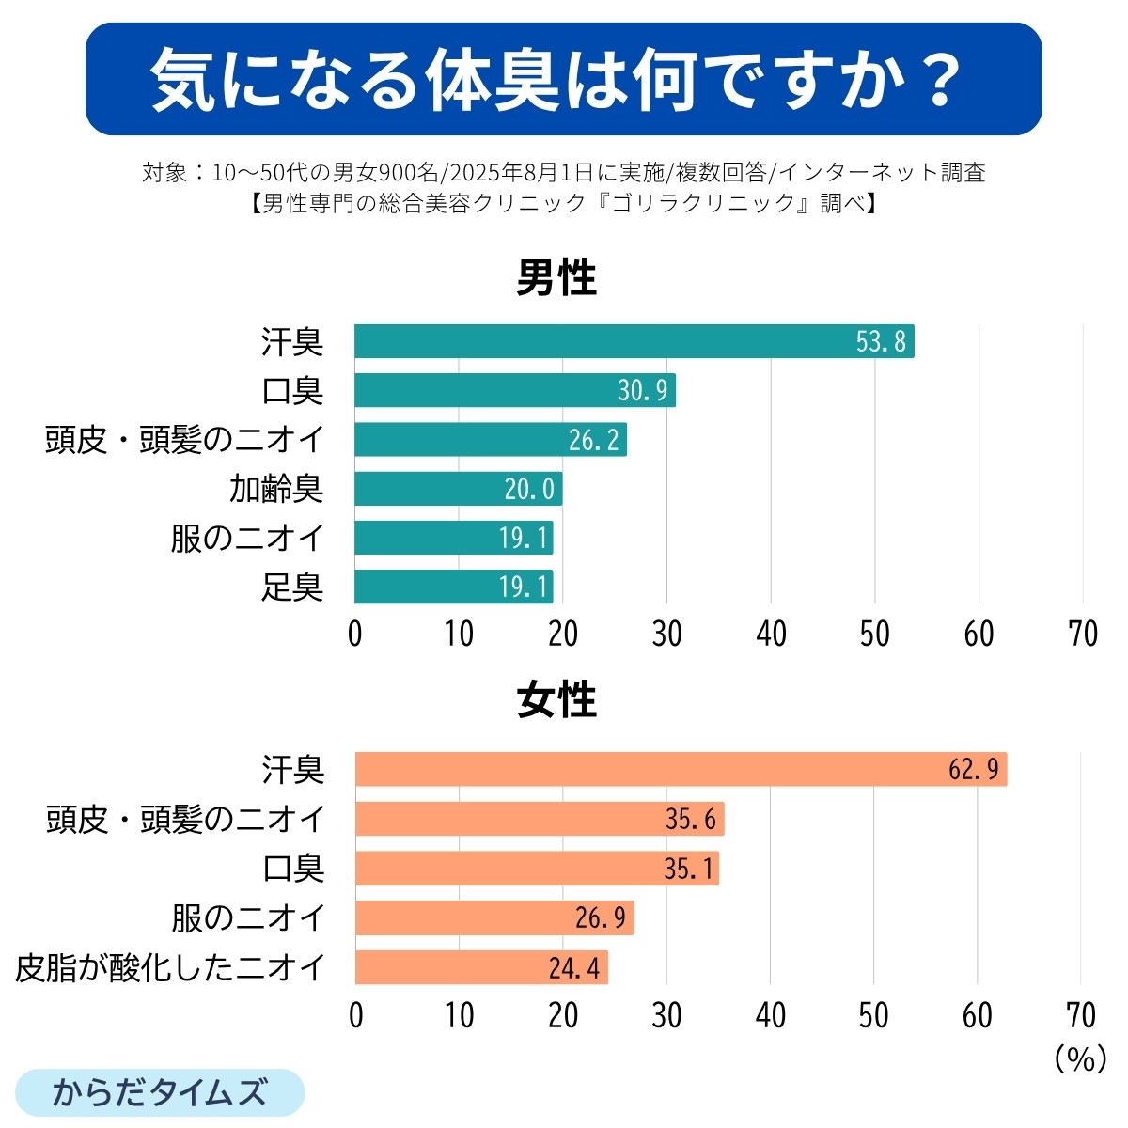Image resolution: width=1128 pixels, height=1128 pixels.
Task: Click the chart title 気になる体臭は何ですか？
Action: (x=563, y=79)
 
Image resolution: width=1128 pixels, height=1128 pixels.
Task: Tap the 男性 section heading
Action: (x=556, y=278)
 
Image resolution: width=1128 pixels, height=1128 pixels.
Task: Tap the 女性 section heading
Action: (x=556, y=700)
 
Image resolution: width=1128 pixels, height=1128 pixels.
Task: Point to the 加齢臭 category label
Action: (x=276, y=489)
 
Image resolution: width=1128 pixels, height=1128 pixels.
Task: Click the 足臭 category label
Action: (x=292, y=587)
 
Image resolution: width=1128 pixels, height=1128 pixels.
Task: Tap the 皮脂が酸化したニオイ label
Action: (x=171, y=967)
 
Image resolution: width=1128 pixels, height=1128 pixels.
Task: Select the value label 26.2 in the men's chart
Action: (x=594, y=440)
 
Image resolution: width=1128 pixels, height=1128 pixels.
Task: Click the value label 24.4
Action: (x=574, y=967)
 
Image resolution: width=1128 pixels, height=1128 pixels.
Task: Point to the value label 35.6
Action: (x=691, y=820)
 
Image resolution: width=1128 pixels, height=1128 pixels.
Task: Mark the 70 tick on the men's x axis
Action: (x=1083, y=634)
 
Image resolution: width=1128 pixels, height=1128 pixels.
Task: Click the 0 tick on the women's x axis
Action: (x=356, y=1016)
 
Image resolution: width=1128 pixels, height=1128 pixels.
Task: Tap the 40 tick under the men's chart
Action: (x=771, y=634)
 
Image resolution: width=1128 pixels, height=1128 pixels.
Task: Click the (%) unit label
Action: (x=1080, y=1058)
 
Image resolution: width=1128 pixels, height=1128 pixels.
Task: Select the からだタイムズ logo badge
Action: (x=160, y=1092)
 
